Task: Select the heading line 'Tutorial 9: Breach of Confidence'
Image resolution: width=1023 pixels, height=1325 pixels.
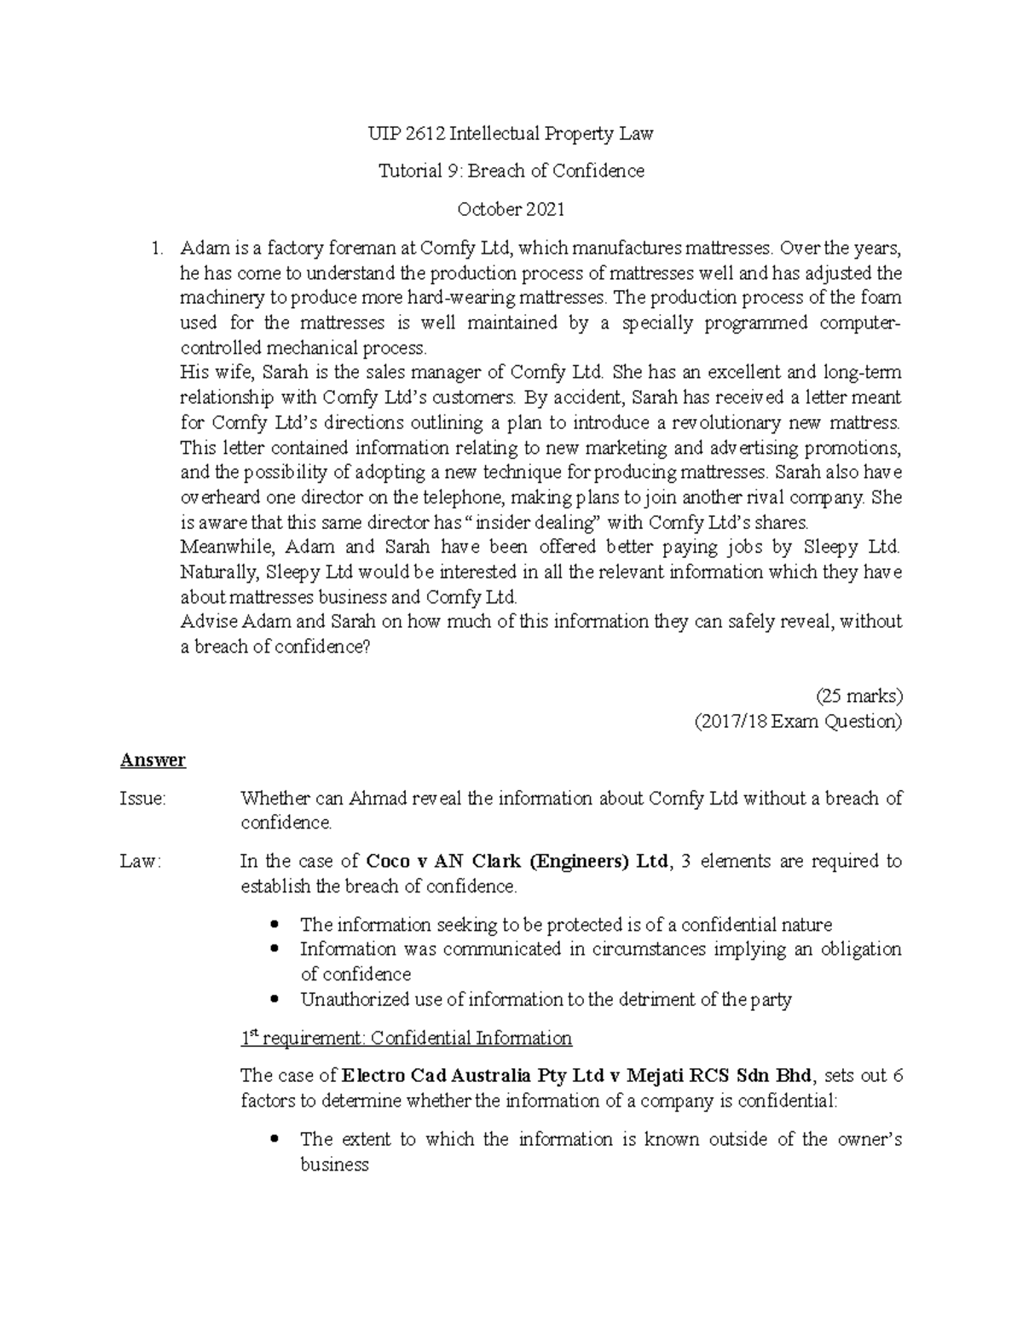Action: (x=511, y=171)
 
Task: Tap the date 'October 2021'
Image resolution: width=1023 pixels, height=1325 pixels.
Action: (x=511, y=209)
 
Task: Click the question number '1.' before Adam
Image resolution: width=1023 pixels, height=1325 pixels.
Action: (x=156, y=248)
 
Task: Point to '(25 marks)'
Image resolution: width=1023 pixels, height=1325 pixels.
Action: (x=858, y=695)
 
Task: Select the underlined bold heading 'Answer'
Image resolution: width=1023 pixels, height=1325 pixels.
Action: (x=153, y=759)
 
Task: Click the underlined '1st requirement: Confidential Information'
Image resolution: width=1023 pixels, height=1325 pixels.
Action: (x=406, y=1038)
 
